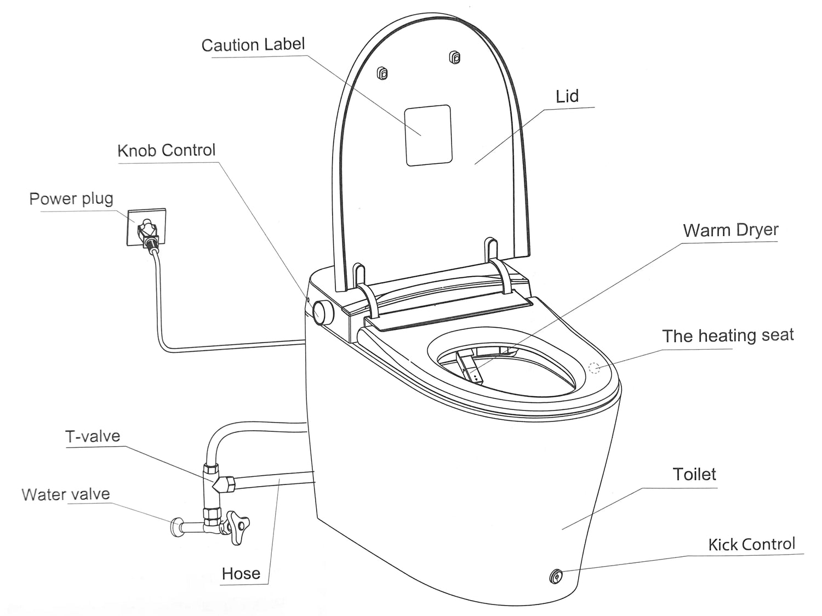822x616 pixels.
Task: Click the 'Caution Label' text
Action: [253, 45]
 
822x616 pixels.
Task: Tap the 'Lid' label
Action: [567, 96]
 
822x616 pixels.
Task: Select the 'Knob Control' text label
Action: [167, 150]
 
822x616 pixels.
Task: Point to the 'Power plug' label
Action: [71, 198]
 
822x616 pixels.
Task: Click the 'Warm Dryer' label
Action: [730, 230]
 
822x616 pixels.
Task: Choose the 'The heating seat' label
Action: [727, 335]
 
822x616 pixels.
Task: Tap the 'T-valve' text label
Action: [93, 436]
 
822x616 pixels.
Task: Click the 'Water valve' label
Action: [66, 494]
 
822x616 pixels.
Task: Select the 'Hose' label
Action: [241, 573]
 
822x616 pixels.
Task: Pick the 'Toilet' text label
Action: [694, 474]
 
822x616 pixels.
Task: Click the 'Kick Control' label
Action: [751, 544]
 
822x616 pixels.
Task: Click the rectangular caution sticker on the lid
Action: [428, 135]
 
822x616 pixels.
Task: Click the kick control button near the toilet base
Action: [555, 576]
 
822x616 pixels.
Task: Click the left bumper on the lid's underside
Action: [383, 73]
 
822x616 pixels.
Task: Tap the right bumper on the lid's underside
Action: [454, 57]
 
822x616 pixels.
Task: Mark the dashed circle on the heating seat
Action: [595, 368]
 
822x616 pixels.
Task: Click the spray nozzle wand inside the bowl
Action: [471, 369]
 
